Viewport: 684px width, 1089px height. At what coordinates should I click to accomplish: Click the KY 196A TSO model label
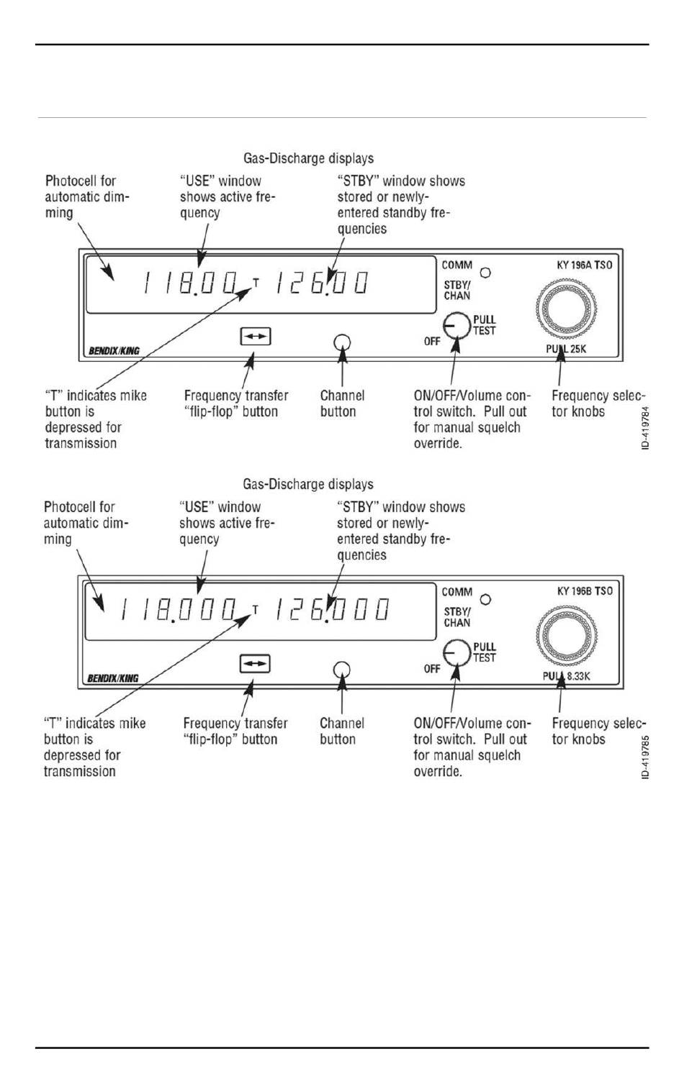click(x=584, y=265)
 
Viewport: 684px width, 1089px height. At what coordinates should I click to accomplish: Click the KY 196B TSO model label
click(x=585, y=591)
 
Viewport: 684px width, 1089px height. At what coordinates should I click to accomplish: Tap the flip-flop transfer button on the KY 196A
click(x=256, y=337)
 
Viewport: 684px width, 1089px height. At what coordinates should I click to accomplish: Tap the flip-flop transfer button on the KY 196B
click(x=255, y=664)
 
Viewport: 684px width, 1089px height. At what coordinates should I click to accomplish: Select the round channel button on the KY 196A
click(x=342, y=342)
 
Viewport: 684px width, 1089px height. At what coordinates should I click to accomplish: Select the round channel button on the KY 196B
click(x=341, y=670)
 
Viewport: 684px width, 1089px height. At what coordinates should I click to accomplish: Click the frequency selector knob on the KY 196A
click(x=566, y=309)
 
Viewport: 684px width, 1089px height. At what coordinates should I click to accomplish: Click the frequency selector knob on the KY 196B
click(x=566, y=635)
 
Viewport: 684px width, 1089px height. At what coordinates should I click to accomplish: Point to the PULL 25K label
click(x=566, y=349)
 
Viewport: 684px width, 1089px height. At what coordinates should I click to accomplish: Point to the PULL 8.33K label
click(x=566, y=675)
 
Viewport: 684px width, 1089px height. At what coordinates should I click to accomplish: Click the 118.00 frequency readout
click(x=190, y=283)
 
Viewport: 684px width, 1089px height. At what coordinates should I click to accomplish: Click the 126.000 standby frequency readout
click(x=333, y=609)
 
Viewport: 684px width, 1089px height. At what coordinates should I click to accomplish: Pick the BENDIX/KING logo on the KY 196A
click(x=114, y=350)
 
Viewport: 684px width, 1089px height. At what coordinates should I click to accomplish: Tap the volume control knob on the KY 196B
click(x=456, y=653)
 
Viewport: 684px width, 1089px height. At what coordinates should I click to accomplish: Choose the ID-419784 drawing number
click(x=645, y=428)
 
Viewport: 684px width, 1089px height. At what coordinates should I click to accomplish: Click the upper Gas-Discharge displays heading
click(x=308, y=158)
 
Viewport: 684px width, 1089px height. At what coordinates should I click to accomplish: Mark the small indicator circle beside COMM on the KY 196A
click(x=485, y=273)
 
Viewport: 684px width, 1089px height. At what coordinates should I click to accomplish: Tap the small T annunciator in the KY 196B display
click(x=256, y=609)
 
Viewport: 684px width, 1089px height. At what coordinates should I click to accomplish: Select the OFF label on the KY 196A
click(x=431, y=341)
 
